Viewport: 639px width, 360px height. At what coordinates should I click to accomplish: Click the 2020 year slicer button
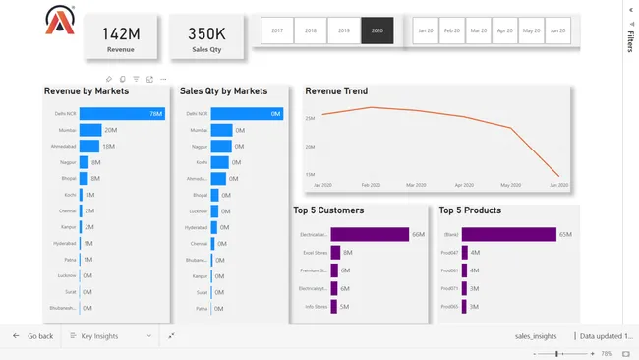pos(378,30)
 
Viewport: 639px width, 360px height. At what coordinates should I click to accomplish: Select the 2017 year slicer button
pos(277,30)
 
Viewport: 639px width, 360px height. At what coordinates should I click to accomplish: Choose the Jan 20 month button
pos(426,30)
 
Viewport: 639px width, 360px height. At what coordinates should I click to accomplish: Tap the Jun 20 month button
pos(557,30)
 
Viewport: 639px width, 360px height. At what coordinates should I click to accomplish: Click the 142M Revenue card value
pos(122,33)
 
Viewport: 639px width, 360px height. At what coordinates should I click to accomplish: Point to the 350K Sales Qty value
pos(206,33)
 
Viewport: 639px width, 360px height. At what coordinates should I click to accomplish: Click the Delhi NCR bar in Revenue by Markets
pos(121,114)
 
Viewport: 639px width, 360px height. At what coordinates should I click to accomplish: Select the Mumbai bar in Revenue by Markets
pos(90,130)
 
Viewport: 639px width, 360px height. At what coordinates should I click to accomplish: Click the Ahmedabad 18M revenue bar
pos(89,146)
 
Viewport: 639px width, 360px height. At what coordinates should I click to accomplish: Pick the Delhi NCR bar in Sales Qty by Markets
pos(246,114)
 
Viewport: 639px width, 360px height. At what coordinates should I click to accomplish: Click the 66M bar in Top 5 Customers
pos(370,234)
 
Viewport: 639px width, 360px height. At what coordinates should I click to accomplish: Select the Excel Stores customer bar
pos(335,253)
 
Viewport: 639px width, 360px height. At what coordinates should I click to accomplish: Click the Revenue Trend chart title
pos(336,91)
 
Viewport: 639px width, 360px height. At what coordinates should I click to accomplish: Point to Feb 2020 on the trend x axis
pos(371,185)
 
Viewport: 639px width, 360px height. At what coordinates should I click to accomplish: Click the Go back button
pos(33,336)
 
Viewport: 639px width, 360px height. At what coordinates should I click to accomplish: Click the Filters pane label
pos(630,41)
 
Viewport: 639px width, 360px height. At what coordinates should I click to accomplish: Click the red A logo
pos(59,20)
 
